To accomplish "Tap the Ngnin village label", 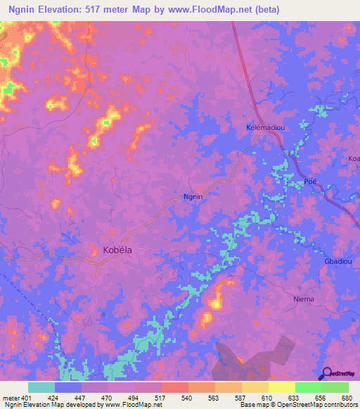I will [x=193, y=197].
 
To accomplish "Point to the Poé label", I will [x=311, y=182].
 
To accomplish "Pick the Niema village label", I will [x=303, y=299].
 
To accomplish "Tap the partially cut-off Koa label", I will [x=353, y=159].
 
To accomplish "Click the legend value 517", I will [x=161, y=398].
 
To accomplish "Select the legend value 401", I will [x=27, y=398].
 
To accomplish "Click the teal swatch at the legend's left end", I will [x=41, y=387].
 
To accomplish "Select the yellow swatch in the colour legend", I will [x=281, y=387].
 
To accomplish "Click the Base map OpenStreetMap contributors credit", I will [x=297, y=405].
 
